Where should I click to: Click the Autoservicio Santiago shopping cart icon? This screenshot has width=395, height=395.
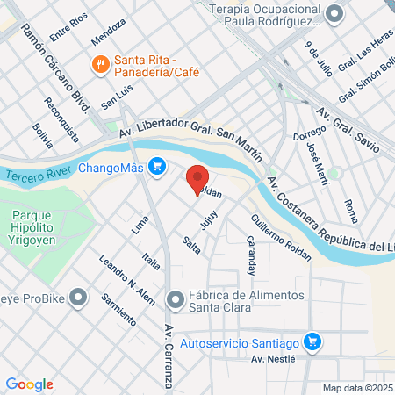(311, 341)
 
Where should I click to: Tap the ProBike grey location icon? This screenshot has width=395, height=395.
(79, 297)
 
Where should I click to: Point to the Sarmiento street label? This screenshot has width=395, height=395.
(116, 305)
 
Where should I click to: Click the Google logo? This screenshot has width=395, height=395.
(30, 384)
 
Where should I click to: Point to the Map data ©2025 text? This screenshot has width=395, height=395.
(357, 388)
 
